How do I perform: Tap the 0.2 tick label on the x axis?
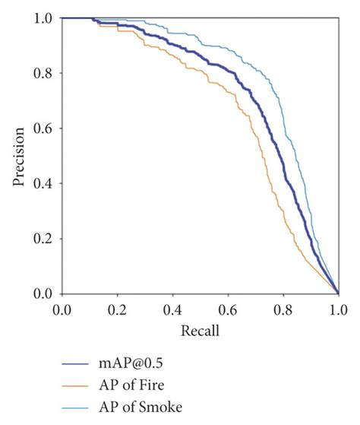[x=117, y=310]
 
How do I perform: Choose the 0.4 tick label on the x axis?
[x=172, y=310]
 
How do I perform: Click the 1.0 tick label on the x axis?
[x=338, y=310]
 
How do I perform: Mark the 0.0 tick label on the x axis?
[x=62, y=310]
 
